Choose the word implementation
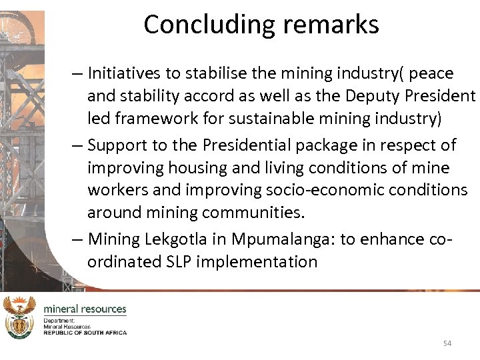pyautogui.click(x=262, y=261)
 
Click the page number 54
pyautogui.click(x=447, y=343)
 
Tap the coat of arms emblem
pyautogui.click(x=19, y=317)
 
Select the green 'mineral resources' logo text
pyautogui.click(x=85, y=309)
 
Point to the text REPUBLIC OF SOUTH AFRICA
pyautogui.click(x=85, y=332)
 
